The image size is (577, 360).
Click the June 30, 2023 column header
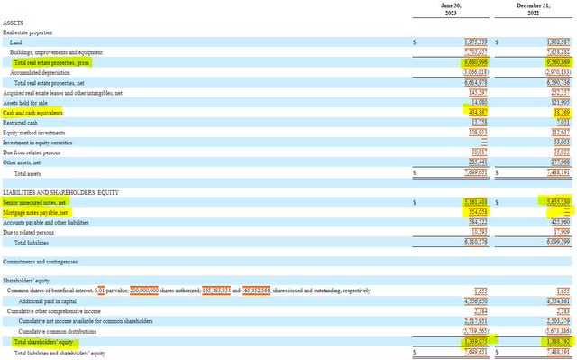(451, 10)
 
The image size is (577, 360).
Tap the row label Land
(16, 42)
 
